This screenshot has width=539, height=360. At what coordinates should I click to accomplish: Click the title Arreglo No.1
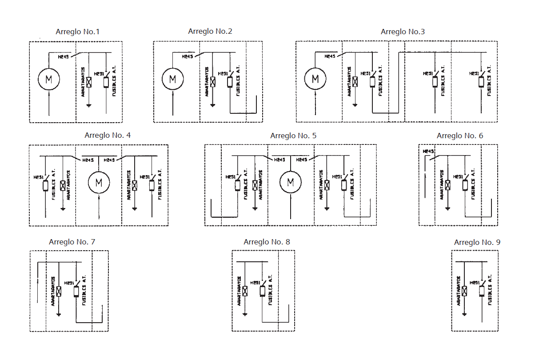[78, 32]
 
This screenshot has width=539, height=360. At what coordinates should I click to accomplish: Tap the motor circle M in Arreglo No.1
[49, 80]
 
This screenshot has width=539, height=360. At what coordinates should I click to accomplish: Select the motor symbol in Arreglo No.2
[172, 80]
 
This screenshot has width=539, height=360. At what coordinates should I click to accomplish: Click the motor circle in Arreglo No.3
[315, 79]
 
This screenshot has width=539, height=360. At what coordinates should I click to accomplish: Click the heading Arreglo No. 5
[293, 136]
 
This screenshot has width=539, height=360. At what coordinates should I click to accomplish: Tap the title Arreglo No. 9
[477, 242]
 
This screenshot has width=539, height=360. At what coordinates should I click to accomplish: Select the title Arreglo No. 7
[72, 242]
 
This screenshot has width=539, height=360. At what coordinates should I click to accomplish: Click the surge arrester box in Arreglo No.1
[89, 82]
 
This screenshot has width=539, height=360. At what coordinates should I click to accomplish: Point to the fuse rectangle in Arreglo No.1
[106, 82]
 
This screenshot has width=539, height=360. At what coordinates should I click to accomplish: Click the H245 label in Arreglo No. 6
[428, 152]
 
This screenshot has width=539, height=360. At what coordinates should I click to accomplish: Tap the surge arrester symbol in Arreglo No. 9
[464, 291]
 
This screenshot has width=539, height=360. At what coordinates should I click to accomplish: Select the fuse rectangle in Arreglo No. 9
[482, 291]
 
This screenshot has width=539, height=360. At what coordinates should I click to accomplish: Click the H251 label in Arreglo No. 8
[255, 283]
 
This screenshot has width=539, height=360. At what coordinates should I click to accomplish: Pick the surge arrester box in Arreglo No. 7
[59, 291]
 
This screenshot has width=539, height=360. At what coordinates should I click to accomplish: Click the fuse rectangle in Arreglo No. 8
[262, 291]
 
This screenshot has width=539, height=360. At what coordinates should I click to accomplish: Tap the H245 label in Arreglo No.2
[188, 56]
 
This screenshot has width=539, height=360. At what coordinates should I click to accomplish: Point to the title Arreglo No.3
[403, 32]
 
